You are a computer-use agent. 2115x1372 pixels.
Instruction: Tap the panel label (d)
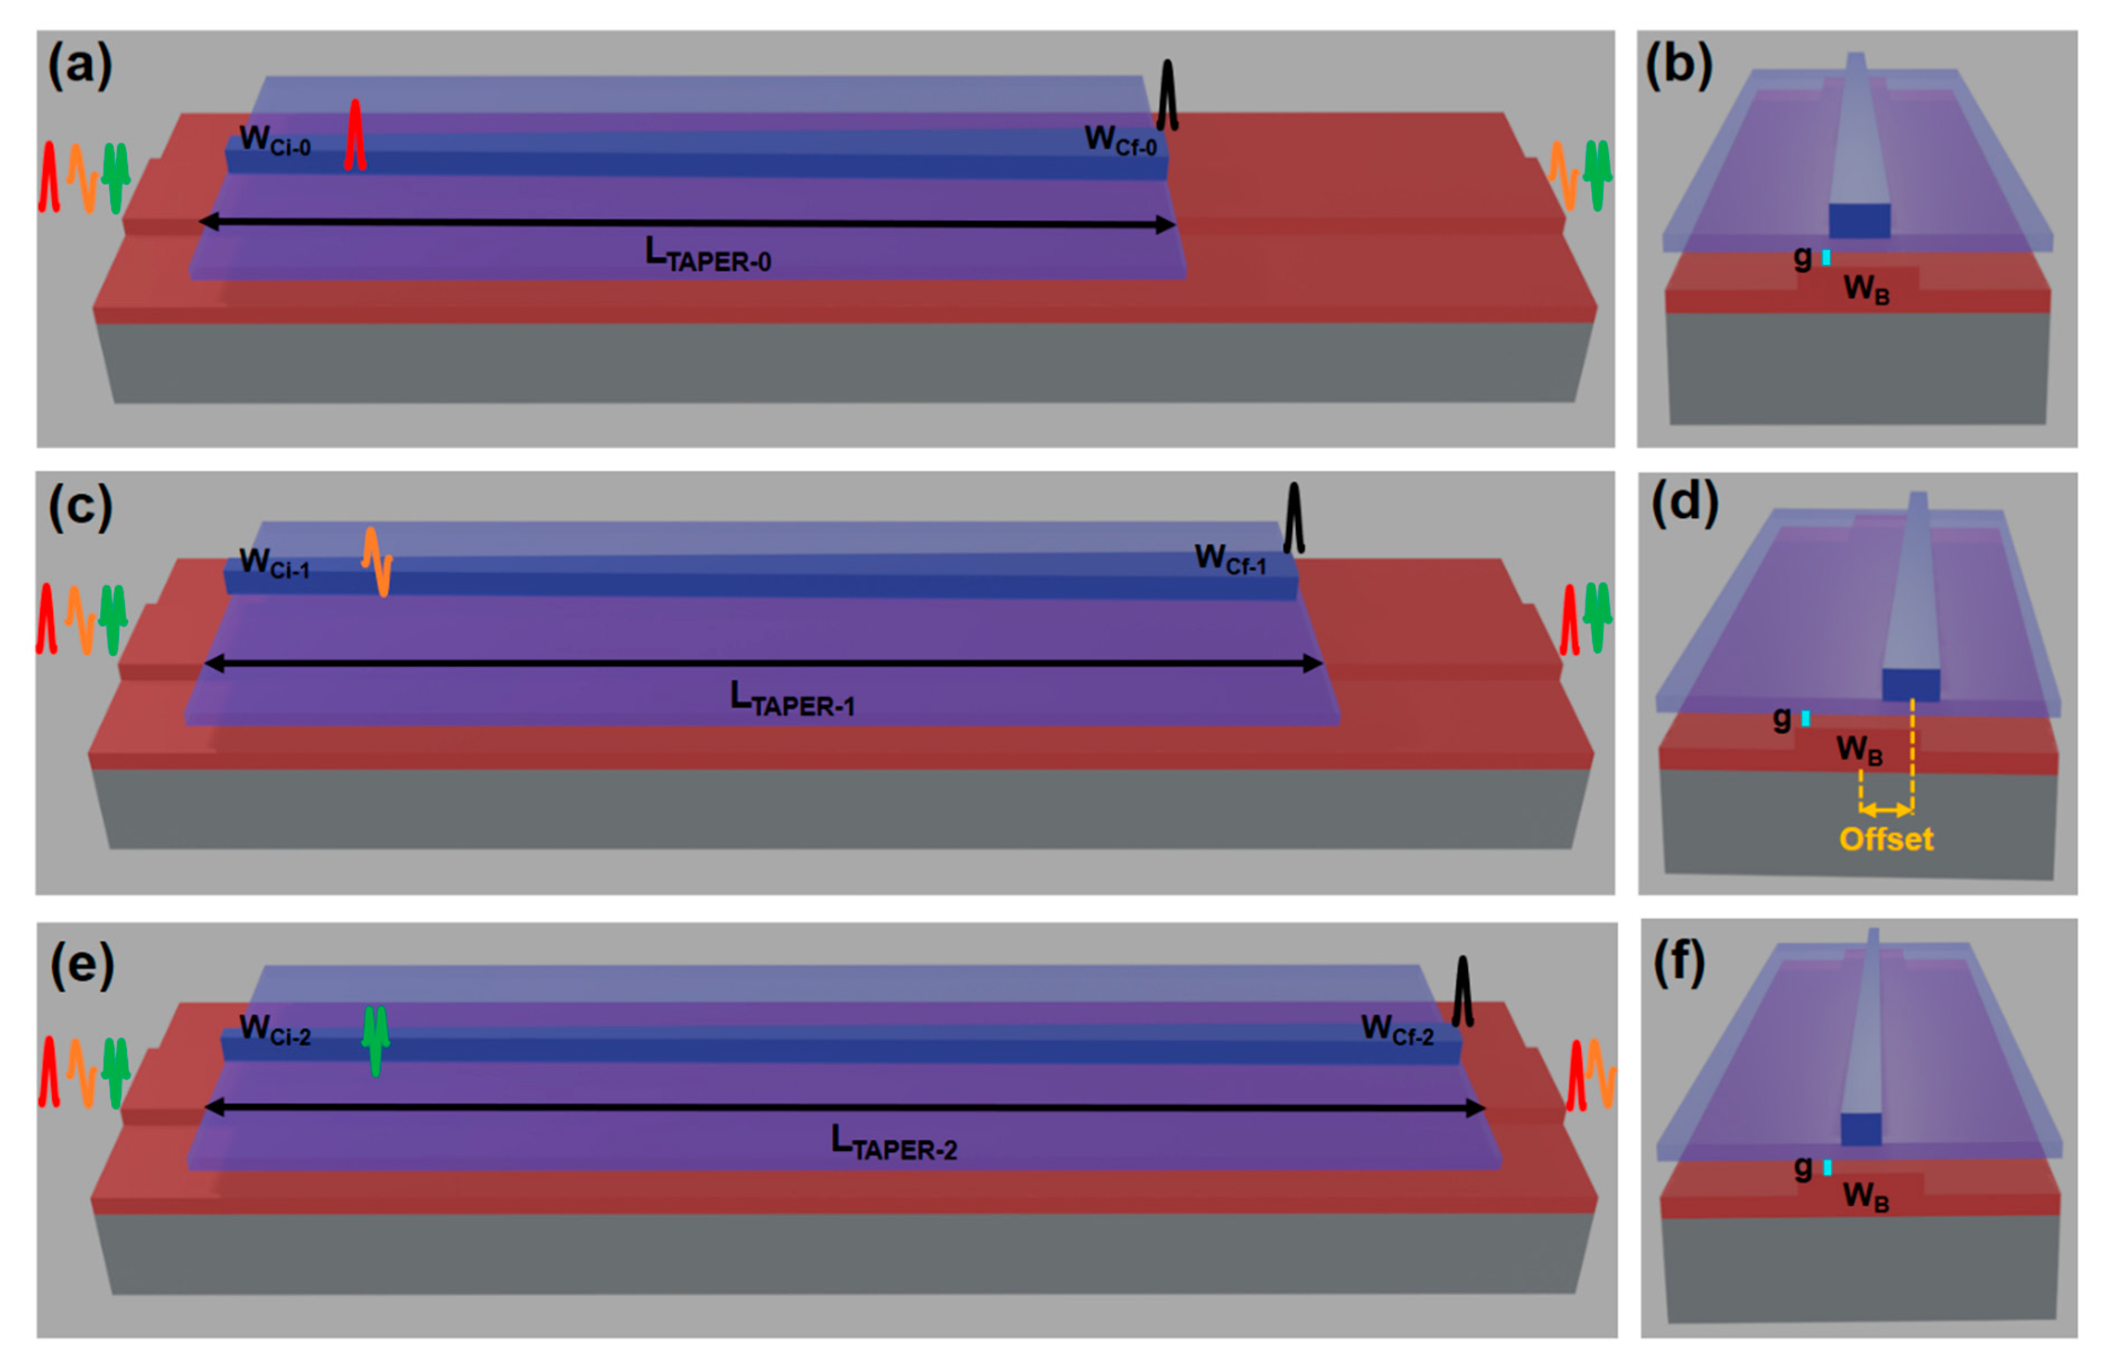pyautogui.click(x=1684, y=503)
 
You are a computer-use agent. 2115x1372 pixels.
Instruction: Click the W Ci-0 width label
pyautogui.click(x=275, y=140)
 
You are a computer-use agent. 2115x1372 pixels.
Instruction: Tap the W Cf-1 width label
pyautogui.click(x=1230, y=560)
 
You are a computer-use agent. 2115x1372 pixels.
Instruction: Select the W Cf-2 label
pyautogui.click(x=1397, y=1031)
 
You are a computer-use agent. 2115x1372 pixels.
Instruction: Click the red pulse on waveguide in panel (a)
pyautogui.click(x=355, y=135)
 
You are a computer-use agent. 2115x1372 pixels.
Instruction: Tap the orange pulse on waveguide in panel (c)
pyautogui.click(x=377, y=562)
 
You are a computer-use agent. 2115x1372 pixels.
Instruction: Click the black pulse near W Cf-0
pyautogui.click(x=1167, y=96)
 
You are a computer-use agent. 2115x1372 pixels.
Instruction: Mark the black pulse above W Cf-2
pyautogui.click(x=1462, y=992)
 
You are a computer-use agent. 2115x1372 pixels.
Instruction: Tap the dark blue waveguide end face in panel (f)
pyautogui.click(x=1861, y=1129)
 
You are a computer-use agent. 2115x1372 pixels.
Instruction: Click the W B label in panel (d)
pyautogui.click(x=1860, y=750)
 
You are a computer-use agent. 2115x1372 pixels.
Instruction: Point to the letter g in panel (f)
pyautogui.click(x=1803, y=1167)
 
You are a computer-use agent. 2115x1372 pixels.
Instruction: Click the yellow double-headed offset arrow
pyautogui.click(x=1886, y=810)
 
